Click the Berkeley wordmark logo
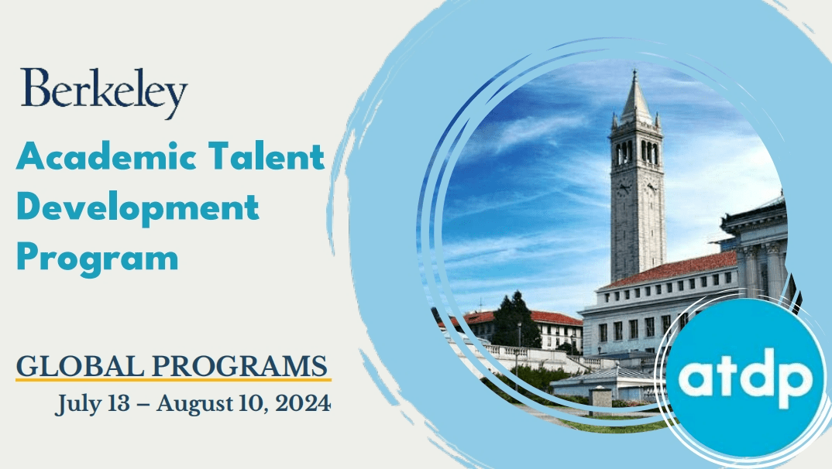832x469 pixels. click(104, 94)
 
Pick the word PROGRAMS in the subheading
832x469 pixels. click(240, 365)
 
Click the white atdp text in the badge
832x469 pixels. click(745, 378)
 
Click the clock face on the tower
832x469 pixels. click(624, 188)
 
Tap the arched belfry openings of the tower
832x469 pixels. click(636, 152)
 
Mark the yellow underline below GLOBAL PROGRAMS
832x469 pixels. click(174, 379)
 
